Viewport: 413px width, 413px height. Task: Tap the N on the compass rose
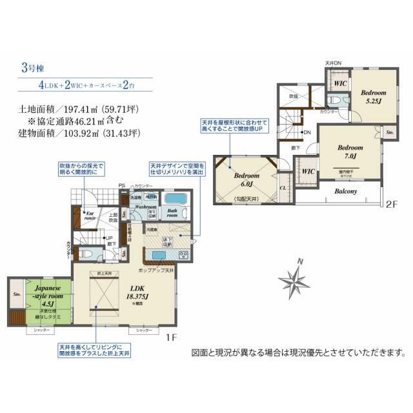300,261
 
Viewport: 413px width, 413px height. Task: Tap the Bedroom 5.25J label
372,97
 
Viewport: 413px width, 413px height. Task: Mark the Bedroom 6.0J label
246,180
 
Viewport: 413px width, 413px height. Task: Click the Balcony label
347,191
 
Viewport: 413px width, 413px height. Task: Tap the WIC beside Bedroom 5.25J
339,83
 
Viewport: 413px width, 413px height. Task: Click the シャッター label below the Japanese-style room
40,330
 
